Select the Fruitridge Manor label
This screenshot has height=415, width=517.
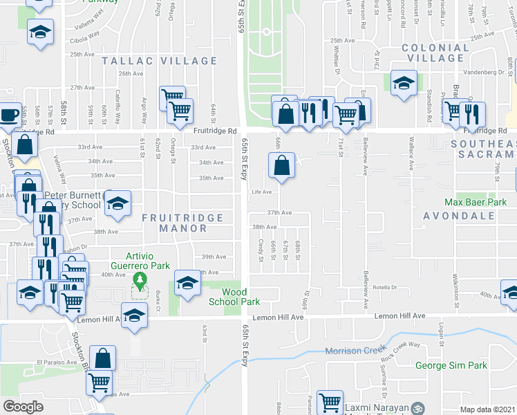pos(182,222)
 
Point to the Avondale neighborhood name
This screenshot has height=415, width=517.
pos(460,215)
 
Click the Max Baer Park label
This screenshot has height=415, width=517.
pos(475,203)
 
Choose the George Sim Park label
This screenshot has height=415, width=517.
pos(451,365)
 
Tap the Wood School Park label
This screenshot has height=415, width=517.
pos(234,297)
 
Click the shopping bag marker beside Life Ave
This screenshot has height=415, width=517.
pos(281,166)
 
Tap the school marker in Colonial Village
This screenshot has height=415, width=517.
pos(403,84)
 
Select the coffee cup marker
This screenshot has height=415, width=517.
pos(9,115)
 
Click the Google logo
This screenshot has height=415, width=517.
pos(23,407)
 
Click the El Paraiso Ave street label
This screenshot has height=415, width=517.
pos(56,361)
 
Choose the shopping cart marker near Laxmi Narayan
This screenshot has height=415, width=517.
pos(330,403)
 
